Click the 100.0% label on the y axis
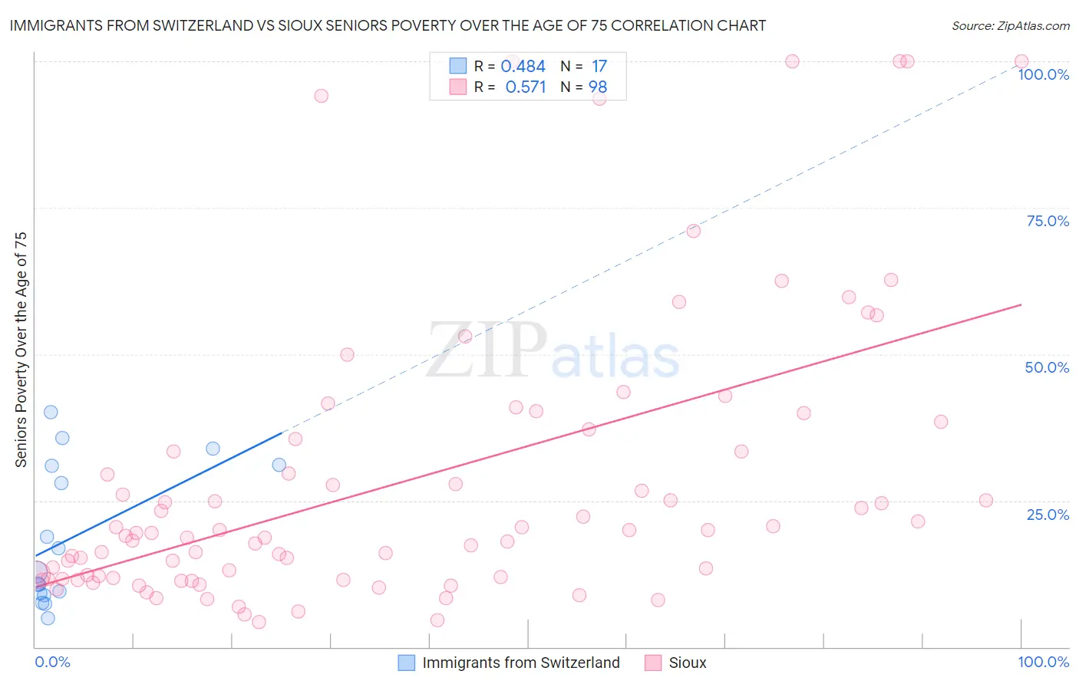point(1043,74)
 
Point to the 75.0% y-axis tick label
point(1048,221)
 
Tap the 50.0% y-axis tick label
point(1047,367)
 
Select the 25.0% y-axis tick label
point(1048,515)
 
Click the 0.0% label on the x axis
point(52,662)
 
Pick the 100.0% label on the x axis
point(1043,662)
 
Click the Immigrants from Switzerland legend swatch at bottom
point(407,663)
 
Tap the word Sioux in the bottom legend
point(687,663)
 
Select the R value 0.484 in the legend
point(523,67)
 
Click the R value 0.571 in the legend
point(525,87)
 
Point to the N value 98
point(598,87)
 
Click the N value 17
point(599,67)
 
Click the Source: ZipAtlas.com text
point(1010,26)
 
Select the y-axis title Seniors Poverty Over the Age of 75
point(21,350)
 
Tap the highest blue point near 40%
point(51,412)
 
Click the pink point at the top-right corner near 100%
point(1021,61)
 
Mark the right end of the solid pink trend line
point(1021,304)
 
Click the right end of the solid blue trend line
point(282,432)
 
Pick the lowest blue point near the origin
point(48,618)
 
